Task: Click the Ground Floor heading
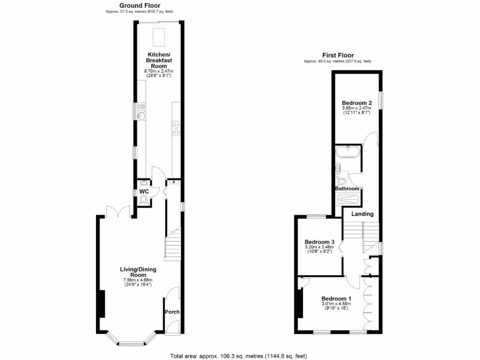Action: (140, 6)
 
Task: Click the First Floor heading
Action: (337, 55)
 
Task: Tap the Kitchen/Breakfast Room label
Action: (159, 60)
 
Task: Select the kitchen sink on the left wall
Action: (142, 112)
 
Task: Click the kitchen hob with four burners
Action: (177, 128)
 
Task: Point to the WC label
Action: (144, 192)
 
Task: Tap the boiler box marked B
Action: (174, 182)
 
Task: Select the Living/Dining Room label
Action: (138, 272)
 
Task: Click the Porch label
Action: (172, 312)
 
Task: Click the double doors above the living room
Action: (118, 212)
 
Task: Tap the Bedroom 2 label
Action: (357, 103)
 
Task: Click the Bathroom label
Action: (347, 189)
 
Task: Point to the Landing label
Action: (363, 214)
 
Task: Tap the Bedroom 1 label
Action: (336, 299)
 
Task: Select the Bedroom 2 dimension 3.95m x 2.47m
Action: (357, 108)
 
